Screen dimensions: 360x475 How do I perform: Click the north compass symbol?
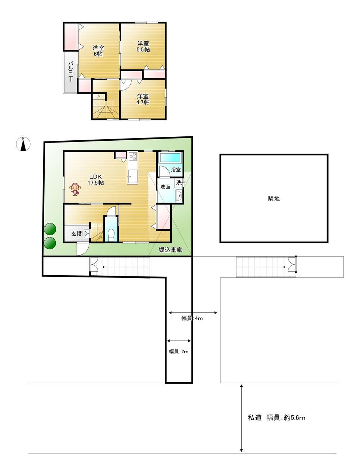[x=23, y=144]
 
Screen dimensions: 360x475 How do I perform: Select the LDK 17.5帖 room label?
[x=96, y=180]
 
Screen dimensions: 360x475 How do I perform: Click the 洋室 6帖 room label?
[x=98, y=51]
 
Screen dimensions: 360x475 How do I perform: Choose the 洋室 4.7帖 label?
[x=143, y=99]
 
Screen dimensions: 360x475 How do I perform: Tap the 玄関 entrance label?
[x=77, y=234]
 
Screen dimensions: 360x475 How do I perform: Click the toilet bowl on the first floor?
[x=111, y=234]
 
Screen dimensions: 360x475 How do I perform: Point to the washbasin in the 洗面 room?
[x=179, y=196]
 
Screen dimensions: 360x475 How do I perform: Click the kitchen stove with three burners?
[x=133, y=156]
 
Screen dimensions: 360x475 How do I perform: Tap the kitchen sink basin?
[x=132, y=177]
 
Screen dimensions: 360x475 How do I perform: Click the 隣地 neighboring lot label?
[x=274, y=198]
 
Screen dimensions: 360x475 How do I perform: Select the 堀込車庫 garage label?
[x=170, y=250]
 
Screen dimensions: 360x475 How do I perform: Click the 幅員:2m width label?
[x=179, y=352]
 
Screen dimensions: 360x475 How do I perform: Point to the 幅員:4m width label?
[x=192, y=318]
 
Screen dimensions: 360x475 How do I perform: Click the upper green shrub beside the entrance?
[x=50, y=229]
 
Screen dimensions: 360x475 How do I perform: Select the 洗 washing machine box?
[x=179, y=183]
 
